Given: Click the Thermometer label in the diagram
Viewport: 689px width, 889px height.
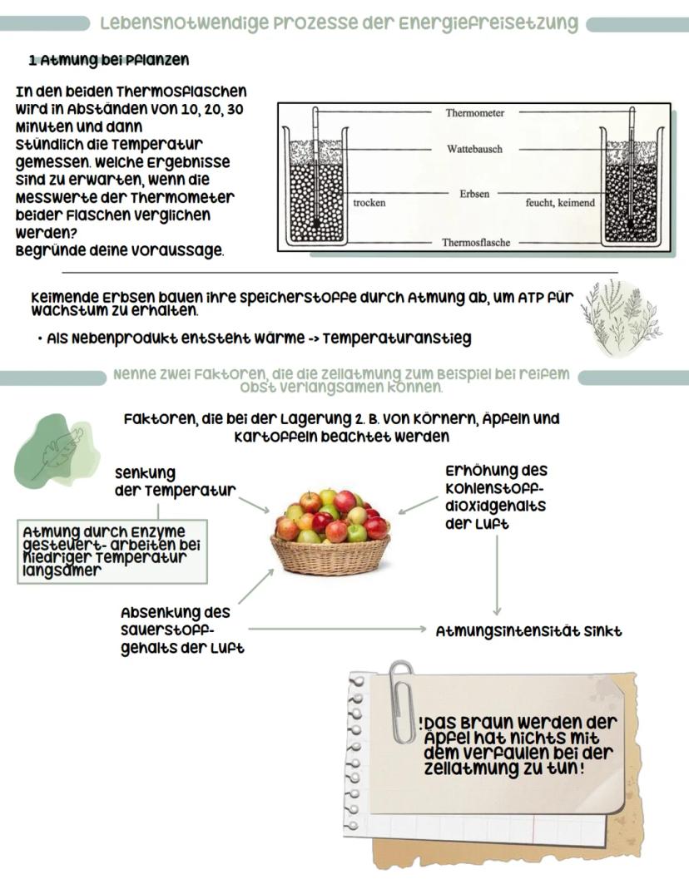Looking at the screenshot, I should pyautogui.click(x=474, y=113).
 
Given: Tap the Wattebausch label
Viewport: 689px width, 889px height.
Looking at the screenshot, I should pyautogui.click(x=474, y=149).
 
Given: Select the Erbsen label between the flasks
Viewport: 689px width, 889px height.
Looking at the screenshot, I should pyautogui.click(x=474, y=193).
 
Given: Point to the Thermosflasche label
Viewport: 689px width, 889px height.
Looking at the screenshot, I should pyautogui.click(x=476, y=243).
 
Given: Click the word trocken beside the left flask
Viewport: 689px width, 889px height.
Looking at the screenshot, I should pyautogui.click(x=369, y=203).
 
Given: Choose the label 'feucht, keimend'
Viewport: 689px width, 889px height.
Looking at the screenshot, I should pyautogui.click(x=560, y=203).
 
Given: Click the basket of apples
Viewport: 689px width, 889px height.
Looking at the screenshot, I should pyautogui.click(x=331, y=532).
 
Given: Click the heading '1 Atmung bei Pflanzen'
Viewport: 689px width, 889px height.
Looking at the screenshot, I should pyautogui.click(x=108, y=60).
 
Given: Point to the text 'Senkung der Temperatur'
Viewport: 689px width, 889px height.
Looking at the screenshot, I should pyautogui.click(x=175, y=482).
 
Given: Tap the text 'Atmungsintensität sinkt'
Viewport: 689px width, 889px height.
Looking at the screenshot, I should pyautogui.click(x=528, y=631).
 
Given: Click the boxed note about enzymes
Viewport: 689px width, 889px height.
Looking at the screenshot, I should pyautogui.click(x=112, y=551).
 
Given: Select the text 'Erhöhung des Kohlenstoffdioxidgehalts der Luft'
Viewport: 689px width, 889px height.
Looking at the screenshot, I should pyautogui.click(x=496, y=497).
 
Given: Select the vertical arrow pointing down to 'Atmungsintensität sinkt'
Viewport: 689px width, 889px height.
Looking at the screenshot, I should pyautogui.click(x=497, y=574).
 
